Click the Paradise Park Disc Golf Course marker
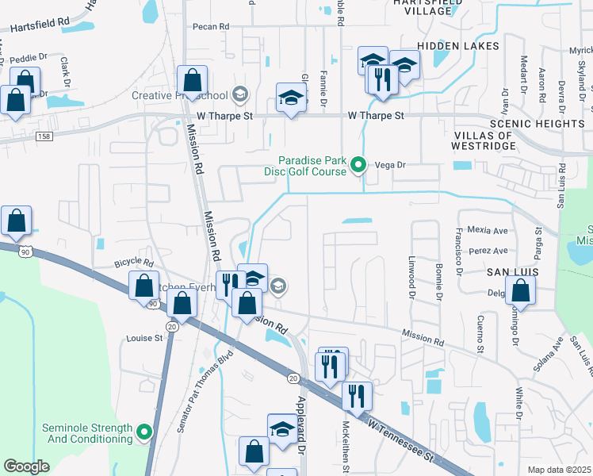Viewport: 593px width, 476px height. pos(358,165)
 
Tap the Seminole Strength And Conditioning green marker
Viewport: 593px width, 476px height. pos(143,432)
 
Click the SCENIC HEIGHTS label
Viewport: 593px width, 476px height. pos(538,124)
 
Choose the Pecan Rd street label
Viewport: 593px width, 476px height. pos(211,26)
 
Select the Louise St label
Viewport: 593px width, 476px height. pos(144,338)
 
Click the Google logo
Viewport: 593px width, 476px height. pos(26,466)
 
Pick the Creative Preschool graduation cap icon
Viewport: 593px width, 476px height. pos(239,96)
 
